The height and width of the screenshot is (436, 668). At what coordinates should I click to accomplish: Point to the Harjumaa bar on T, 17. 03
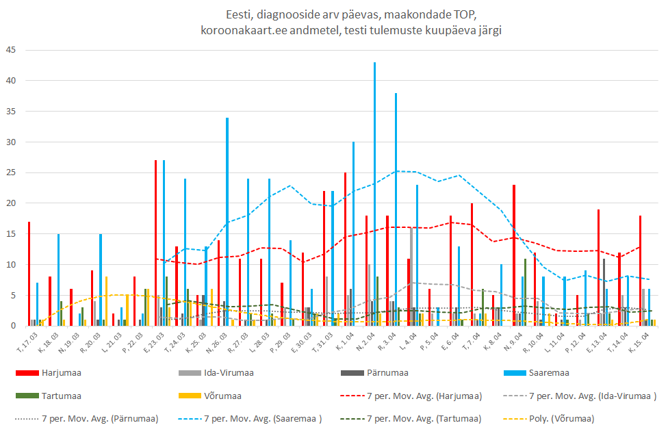29,274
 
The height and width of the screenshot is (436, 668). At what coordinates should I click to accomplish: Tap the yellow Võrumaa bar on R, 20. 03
106,301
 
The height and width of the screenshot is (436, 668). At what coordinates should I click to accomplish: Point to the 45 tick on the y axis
11,50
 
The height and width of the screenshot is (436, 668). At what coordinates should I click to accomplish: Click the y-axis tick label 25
11,172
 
